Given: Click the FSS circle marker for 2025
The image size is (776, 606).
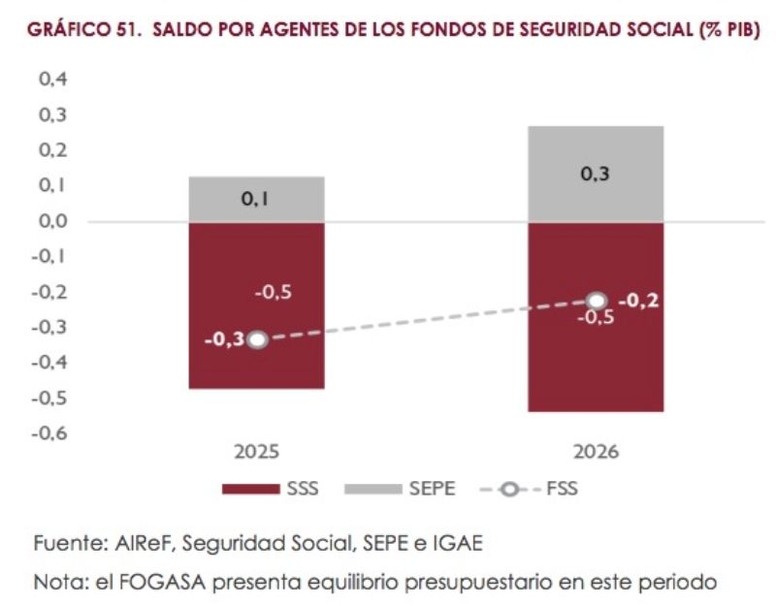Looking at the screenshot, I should [256, 339].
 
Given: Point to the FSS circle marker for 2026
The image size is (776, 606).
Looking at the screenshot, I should [597, 302].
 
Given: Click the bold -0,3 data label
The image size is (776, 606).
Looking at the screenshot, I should [222, 339].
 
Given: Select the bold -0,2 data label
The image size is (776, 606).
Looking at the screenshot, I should [638, 301].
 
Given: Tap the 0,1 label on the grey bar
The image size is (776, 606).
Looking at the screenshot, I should [256, 199].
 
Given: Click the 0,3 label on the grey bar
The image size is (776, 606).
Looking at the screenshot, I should [596, 175].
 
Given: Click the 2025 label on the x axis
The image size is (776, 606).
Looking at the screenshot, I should [256, 453].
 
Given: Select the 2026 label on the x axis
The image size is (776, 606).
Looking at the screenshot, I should [596, 453].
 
